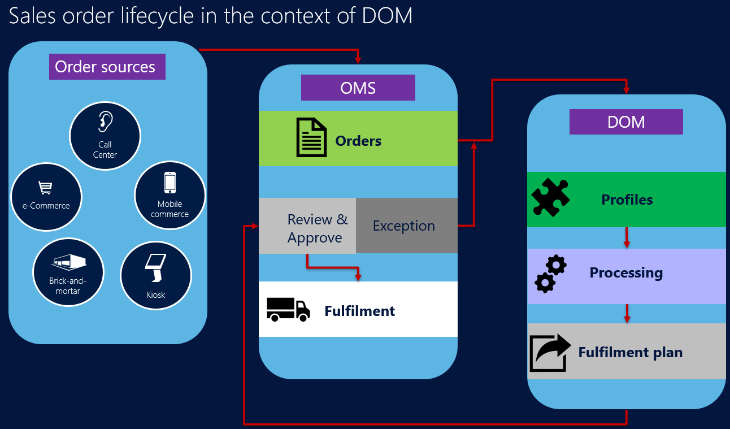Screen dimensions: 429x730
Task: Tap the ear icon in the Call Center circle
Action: pos(105,120)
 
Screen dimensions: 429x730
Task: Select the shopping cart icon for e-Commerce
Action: pos(45,187)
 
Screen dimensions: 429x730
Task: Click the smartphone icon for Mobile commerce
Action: pos(170,183)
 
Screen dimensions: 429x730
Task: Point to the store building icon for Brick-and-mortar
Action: pos(68,261)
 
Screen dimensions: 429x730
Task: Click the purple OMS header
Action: pos(358,88)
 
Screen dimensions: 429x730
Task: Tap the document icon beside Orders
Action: pos(311,137)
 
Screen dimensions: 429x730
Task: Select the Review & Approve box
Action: pos(307,226)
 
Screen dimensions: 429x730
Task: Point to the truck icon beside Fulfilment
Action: pos(288,309)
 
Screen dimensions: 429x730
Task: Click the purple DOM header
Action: pos(626,122)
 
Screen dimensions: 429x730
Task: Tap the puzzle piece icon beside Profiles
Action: pos(551,198)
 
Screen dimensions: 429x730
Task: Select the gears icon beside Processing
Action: pos(550,274)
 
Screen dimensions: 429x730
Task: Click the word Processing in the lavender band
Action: pos(626,272)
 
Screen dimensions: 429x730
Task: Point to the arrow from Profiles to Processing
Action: pos(627,238)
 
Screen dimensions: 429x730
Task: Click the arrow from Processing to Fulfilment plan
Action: pos(627,314)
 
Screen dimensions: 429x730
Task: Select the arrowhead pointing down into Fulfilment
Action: pos(358,276)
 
